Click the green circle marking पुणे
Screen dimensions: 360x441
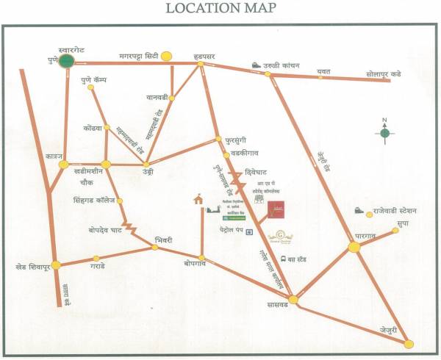point(68,61)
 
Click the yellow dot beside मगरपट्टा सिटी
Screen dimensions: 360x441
point(167,55)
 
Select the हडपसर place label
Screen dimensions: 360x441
point(198,55)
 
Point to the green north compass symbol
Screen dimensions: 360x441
point(384,133)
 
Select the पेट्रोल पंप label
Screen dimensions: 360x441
point(231,232)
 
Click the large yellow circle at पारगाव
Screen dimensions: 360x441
point(354,247)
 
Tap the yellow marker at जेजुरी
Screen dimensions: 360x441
point(409,343)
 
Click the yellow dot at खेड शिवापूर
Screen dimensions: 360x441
point(56,264)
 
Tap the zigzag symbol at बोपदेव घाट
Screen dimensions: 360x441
point(131,229)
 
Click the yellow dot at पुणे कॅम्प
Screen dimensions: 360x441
point(91,87)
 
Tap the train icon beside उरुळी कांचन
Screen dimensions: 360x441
point(256,64)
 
